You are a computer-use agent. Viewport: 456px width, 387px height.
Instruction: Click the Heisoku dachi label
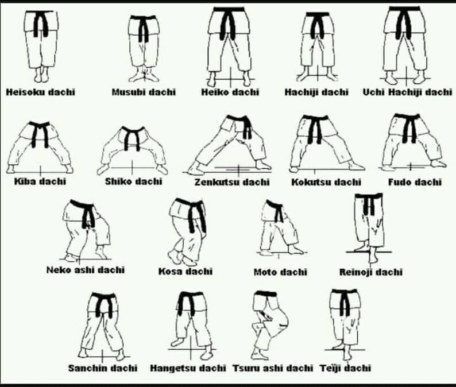[40, 92]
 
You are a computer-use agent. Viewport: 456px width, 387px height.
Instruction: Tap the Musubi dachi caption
[144, 92]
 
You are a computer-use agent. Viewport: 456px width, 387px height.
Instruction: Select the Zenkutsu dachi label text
[232, 182]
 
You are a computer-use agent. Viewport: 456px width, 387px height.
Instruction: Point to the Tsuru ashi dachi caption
[273, 368]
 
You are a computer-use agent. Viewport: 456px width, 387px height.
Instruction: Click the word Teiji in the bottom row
[330, 368]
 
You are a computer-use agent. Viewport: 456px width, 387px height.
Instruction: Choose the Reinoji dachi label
[371, 272]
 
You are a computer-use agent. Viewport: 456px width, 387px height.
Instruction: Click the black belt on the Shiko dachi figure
[132, 138]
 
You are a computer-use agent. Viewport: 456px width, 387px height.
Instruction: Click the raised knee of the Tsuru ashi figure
[284, 320]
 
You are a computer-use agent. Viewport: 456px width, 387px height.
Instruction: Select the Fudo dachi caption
[415, 182]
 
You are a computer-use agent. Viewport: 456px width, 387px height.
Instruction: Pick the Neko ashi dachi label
[86, 270]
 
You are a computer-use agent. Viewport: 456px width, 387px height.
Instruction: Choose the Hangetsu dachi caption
[188, 368]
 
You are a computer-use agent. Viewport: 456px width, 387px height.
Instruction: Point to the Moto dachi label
[280, 272]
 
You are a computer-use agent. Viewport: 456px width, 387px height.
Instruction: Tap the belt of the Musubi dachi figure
[144, 27]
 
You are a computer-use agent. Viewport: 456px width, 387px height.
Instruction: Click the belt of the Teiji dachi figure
[345, 301]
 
